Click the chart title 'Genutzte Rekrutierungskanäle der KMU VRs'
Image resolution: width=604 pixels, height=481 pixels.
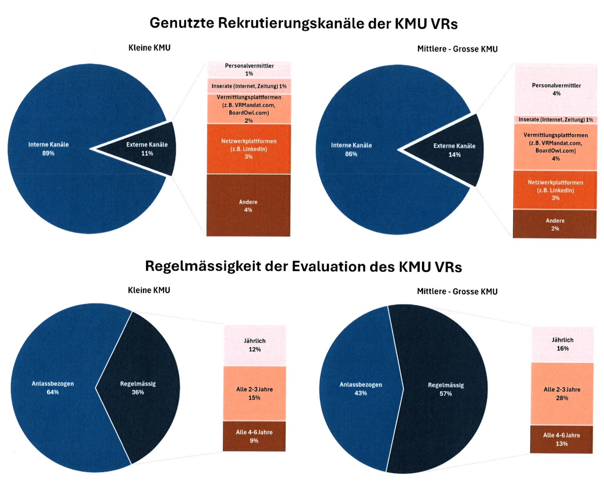[303, 23]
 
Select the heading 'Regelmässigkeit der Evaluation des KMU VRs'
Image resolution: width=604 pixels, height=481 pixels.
[303, 266]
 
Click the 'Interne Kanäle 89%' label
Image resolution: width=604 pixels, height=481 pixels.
[48, 149]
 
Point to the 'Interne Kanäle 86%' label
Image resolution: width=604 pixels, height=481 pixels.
[351, 149]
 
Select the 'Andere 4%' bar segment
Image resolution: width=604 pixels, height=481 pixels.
[248, 206]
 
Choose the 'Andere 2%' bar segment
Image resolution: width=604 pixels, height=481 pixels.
[555, 225]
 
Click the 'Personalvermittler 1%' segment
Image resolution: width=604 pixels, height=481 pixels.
[249, 69]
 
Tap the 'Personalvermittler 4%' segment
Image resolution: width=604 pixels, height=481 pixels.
[556, 89]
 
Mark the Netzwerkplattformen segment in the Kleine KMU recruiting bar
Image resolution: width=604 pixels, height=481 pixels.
[249, 149]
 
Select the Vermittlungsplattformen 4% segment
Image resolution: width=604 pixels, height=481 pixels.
[556, 147]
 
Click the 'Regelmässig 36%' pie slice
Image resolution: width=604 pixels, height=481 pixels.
[138, 388]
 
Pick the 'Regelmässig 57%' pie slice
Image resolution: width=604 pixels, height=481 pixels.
[446, 389]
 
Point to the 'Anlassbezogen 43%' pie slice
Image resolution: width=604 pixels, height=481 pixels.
[361, 389]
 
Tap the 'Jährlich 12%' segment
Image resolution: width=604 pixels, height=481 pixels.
[254, 345]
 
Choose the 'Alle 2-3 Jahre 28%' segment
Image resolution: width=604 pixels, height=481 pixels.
[562, 394]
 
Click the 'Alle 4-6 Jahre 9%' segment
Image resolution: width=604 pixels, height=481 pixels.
[254, 436]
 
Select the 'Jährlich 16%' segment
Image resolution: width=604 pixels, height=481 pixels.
[563, 344]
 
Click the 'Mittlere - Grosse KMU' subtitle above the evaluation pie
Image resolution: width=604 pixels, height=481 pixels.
[457, 291]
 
